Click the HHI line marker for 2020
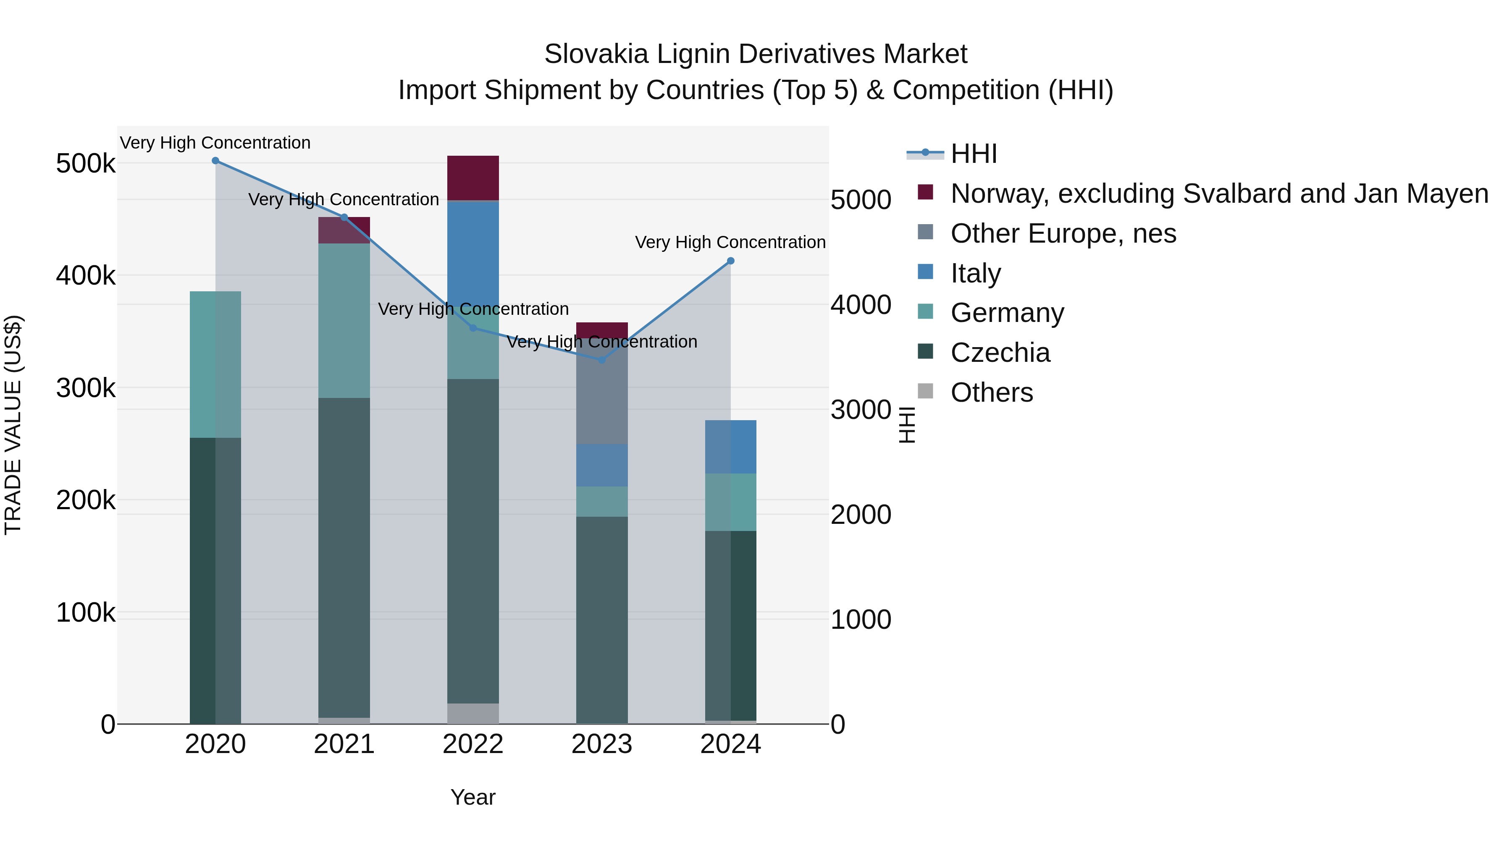[215, 161]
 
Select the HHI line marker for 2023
[601, 360]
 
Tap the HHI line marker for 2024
[731, 261]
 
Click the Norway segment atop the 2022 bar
[473, 178]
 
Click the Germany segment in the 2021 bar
[344, 320]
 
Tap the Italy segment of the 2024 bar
[731, 447]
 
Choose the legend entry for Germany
[1007, 313]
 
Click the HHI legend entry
[973, 154]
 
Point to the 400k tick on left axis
[86, 275]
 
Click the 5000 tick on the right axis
[861, 200]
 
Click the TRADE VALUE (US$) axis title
[13, 425]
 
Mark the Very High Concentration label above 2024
[730, 242]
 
